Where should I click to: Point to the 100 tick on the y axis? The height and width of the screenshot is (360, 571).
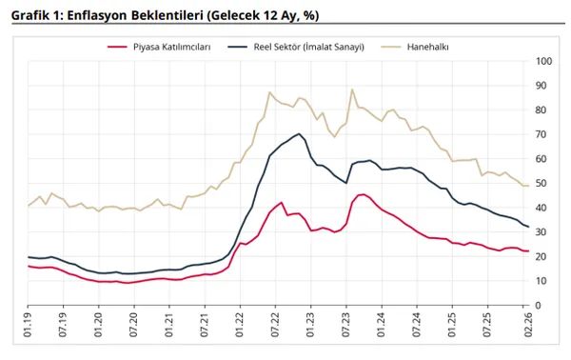[x=545, y=61]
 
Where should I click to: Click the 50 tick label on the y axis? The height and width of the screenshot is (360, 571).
[x=543, y=183]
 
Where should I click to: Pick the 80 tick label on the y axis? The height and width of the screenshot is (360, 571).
[x=543, y=110]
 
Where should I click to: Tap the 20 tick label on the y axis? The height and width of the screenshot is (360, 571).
[x=543, y=256]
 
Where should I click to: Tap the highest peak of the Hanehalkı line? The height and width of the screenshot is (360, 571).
[x=352, y=90]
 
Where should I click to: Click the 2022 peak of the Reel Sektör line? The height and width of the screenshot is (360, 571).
[x=299, y=133]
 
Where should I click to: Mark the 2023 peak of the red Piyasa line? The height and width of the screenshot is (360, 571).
[x=363, y=194]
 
